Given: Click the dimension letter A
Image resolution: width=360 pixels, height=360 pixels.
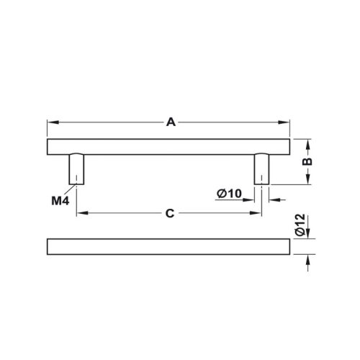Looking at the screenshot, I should point(171,122).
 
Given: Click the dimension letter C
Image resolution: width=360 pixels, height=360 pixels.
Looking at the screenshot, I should point(170,214).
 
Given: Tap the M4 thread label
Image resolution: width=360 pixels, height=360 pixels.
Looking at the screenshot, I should point(59,199).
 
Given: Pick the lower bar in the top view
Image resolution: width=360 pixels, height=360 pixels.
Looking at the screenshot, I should point(168,246).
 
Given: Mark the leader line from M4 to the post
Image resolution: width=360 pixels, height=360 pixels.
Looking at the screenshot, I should point(69,190).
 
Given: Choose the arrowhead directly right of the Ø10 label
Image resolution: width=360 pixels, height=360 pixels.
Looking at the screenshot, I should point(250,193).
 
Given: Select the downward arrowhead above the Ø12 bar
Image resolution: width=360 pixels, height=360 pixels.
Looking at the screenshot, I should point(307,234).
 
